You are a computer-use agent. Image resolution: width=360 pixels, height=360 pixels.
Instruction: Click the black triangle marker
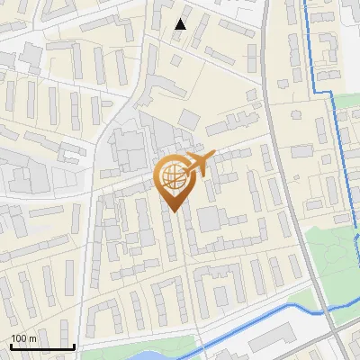[x=181, y=24]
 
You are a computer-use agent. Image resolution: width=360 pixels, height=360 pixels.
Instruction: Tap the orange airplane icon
[x=197, y=165]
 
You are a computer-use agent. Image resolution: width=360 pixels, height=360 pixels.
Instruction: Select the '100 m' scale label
[x=23, y=338]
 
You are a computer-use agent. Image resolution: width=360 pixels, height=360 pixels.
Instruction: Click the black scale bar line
[x=41, y=346]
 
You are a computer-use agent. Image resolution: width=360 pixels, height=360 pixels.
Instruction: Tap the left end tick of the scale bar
[x=10, y=345]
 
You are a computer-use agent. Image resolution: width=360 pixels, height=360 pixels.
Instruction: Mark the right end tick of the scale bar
[x=74, y=345]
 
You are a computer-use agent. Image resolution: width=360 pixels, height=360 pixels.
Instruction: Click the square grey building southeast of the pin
[x=210, y=219]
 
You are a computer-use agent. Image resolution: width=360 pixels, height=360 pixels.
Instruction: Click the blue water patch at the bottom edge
[x=153, y=355]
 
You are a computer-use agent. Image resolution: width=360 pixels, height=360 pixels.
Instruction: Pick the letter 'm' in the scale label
[x=31, y=338]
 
